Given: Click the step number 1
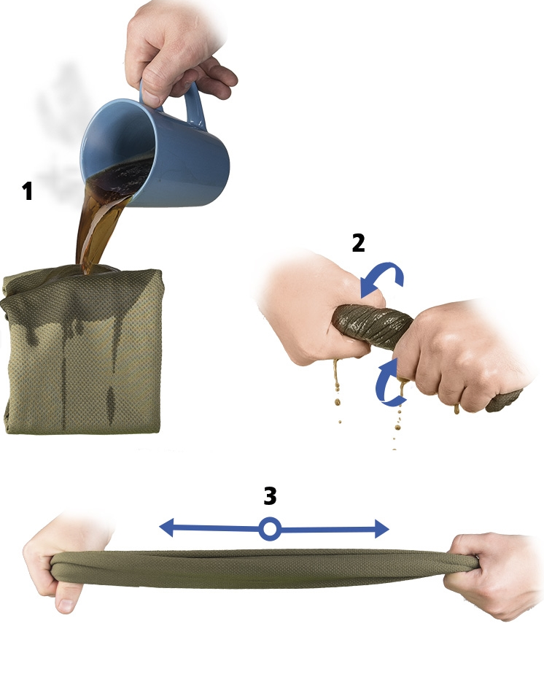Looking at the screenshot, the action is tap(28, 191).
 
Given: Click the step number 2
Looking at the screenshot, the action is tap(358, 243).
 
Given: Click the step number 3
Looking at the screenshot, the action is tap(270, 495).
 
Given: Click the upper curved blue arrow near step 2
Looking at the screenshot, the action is tap(384, 279).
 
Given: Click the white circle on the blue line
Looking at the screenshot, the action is tap(270, 529).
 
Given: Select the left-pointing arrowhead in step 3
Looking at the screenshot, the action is tap(167, 528).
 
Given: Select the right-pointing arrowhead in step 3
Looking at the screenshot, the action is tap(382, 529).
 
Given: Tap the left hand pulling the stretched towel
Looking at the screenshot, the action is tap(65, 564).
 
